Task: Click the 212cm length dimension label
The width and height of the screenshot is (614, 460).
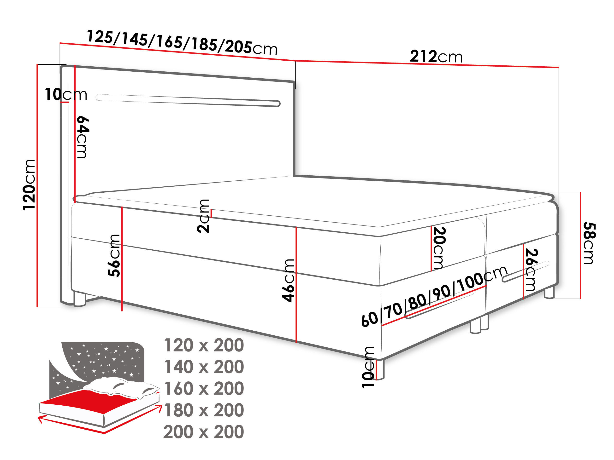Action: coord(436,57)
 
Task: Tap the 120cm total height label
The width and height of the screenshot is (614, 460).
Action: coord(30,185)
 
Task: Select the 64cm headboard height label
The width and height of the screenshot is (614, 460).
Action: coord(82,137)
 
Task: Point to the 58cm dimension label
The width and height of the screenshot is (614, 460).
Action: coord(589,243)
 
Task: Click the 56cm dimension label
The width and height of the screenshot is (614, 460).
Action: coord(114,256)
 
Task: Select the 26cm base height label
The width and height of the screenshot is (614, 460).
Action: coord(531,270)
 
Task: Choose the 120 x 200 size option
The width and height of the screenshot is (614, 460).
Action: coord(204,345)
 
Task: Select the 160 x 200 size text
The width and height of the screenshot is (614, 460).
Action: coord(204,388)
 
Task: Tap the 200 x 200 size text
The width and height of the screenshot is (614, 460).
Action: coord(204,432)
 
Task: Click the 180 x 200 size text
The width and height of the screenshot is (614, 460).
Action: coord(204,410)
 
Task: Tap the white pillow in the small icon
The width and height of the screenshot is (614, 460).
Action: coord(122,387)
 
